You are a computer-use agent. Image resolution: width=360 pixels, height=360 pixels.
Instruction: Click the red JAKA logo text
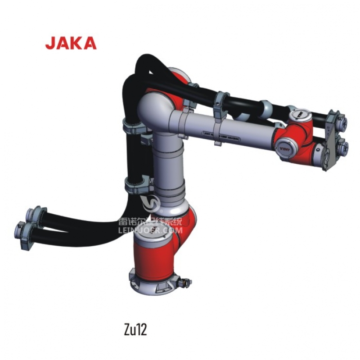(71, 43)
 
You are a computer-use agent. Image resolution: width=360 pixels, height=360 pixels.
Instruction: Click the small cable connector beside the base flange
(184, 283)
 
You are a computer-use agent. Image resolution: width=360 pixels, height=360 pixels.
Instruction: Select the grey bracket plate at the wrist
(330, 140)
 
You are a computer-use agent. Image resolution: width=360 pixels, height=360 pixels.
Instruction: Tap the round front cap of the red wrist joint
(286, 148)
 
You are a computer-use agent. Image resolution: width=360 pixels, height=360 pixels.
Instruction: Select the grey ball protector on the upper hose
(265, 108)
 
